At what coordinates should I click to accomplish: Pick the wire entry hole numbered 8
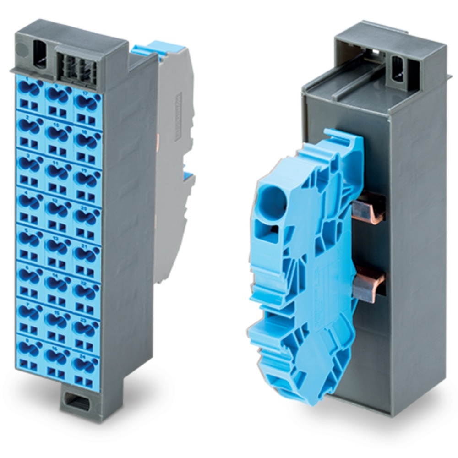coord(29,348)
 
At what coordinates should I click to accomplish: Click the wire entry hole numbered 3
coord(29,164)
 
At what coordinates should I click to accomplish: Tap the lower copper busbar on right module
coord(369,284)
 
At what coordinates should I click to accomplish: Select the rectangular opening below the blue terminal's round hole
coord(270,233)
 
